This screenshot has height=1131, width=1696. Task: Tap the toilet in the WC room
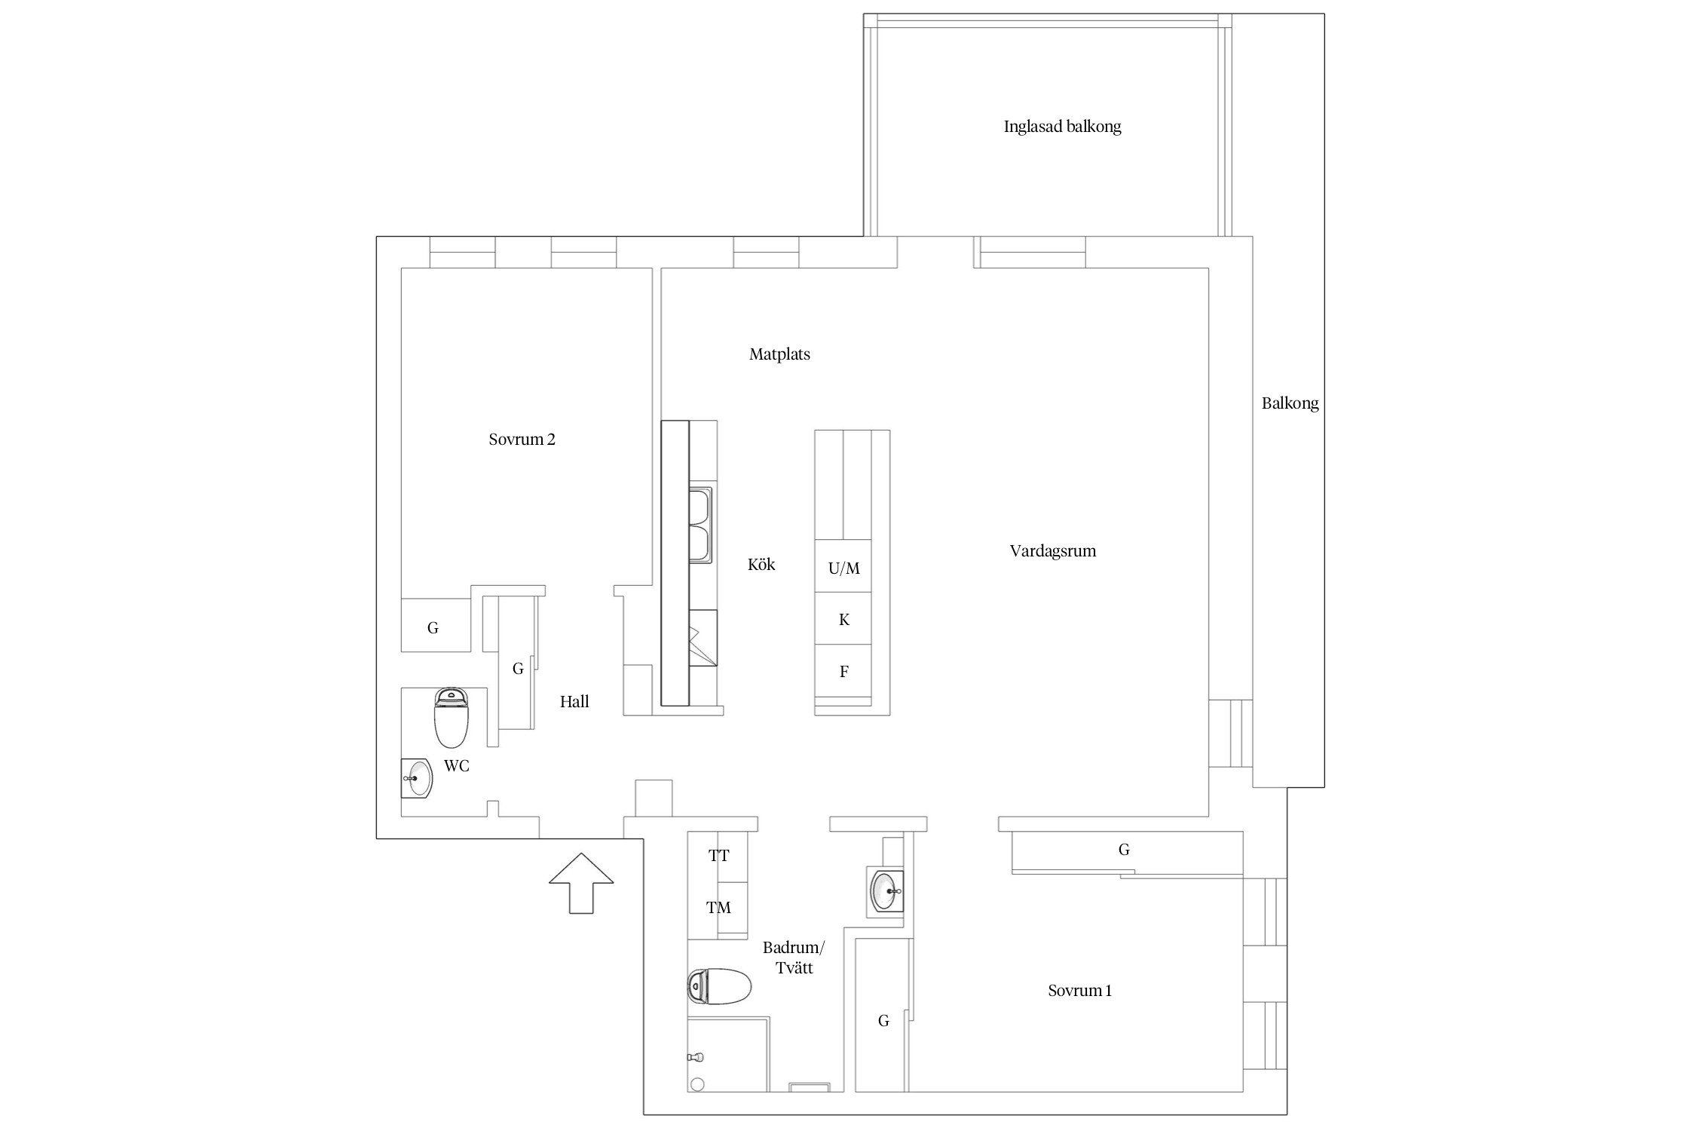tap(452, 717)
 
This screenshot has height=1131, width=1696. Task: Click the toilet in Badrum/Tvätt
tap(720, 986)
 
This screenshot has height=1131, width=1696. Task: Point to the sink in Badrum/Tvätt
tap(886, 890)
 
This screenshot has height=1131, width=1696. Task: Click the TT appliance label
tap(718, 856)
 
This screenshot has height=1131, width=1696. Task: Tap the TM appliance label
tap(718, 908)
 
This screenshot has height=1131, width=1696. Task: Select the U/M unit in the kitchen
tap(843, 569)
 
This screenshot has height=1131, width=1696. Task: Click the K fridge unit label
tap(844, 620)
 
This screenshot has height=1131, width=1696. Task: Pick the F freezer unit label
tap(844, 671)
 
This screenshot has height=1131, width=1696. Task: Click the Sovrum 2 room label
tap(522, 440)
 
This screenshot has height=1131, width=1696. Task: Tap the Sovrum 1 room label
tap(1079, 991)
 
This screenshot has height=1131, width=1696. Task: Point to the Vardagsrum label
tap(1053, 551)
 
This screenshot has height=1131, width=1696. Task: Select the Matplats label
tap(779, 354)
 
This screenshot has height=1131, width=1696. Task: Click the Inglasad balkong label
tap(1062, 127)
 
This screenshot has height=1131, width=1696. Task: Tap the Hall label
tap(574, 702)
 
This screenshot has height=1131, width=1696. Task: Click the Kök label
tap(761, 564)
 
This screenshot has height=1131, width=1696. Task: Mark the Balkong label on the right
tap(1290, 404)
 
